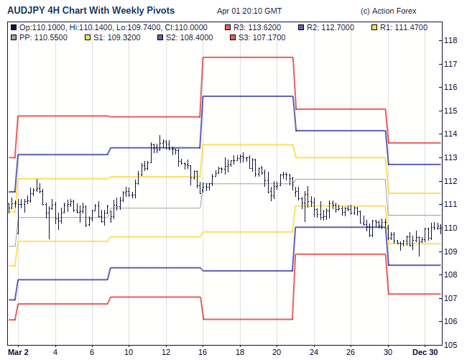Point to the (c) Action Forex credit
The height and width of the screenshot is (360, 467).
(389, 11)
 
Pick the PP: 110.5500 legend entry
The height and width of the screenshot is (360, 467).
(43, 37)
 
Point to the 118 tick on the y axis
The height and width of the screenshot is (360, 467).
(451, 41)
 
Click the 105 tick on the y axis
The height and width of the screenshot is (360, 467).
(451, 345)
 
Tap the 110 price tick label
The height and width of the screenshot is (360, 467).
(451, 228)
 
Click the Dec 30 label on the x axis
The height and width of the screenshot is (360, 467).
(425, 352)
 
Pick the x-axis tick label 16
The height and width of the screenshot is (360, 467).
(203, 352)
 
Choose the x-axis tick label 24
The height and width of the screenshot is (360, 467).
(314, 352)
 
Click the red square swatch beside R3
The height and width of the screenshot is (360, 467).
(228, 27)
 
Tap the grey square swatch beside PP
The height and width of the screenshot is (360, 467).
(14, 37)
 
